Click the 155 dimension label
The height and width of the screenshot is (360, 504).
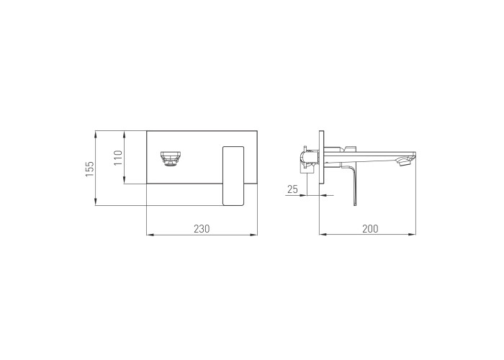[89, 168]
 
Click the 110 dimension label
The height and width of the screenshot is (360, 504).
[118, 158]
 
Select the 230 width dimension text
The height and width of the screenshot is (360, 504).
[202, 228]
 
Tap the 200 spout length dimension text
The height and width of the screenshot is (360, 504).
[370, 228]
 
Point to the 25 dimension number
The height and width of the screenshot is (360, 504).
[292, 189]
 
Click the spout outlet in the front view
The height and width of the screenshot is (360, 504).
[171, 159]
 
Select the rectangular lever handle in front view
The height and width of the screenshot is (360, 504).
[233, 176]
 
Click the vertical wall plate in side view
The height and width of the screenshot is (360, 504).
[321, 157]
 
